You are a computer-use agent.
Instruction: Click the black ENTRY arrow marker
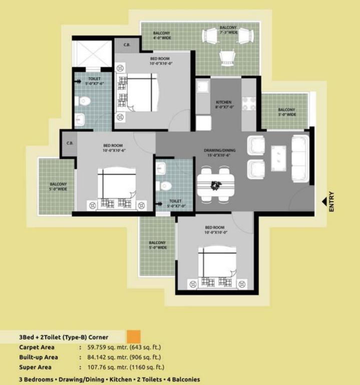point(324,202)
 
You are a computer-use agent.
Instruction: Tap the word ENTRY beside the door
point(331,202)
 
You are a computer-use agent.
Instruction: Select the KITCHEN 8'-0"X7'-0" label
point(224,104)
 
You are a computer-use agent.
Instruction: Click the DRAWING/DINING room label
point(219,152)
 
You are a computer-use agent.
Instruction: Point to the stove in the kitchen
point(249,104)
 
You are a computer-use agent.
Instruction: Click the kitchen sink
point(203,87)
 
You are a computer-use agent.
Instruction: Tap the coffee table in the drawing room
point(278,158)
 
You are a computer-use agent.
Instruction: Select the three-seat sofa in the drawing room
point(300,158)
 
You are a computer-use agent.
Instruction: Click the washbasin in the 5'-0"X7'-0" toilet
point(161,168)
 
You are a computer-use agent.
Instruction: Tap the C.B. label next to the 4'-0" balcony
point(127,45)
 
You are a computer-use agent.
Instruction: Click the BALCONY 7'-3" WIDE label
point(228,30)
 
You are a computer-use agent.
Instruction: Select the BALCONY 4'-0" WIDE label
point(162,36)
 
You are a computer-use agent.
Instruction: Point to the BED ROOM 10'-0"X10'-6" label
point(114,148)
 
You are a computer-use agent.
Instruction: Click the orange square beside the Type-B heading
point(134,337)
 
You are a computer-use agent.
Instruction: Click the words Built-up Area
point(39,357)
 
